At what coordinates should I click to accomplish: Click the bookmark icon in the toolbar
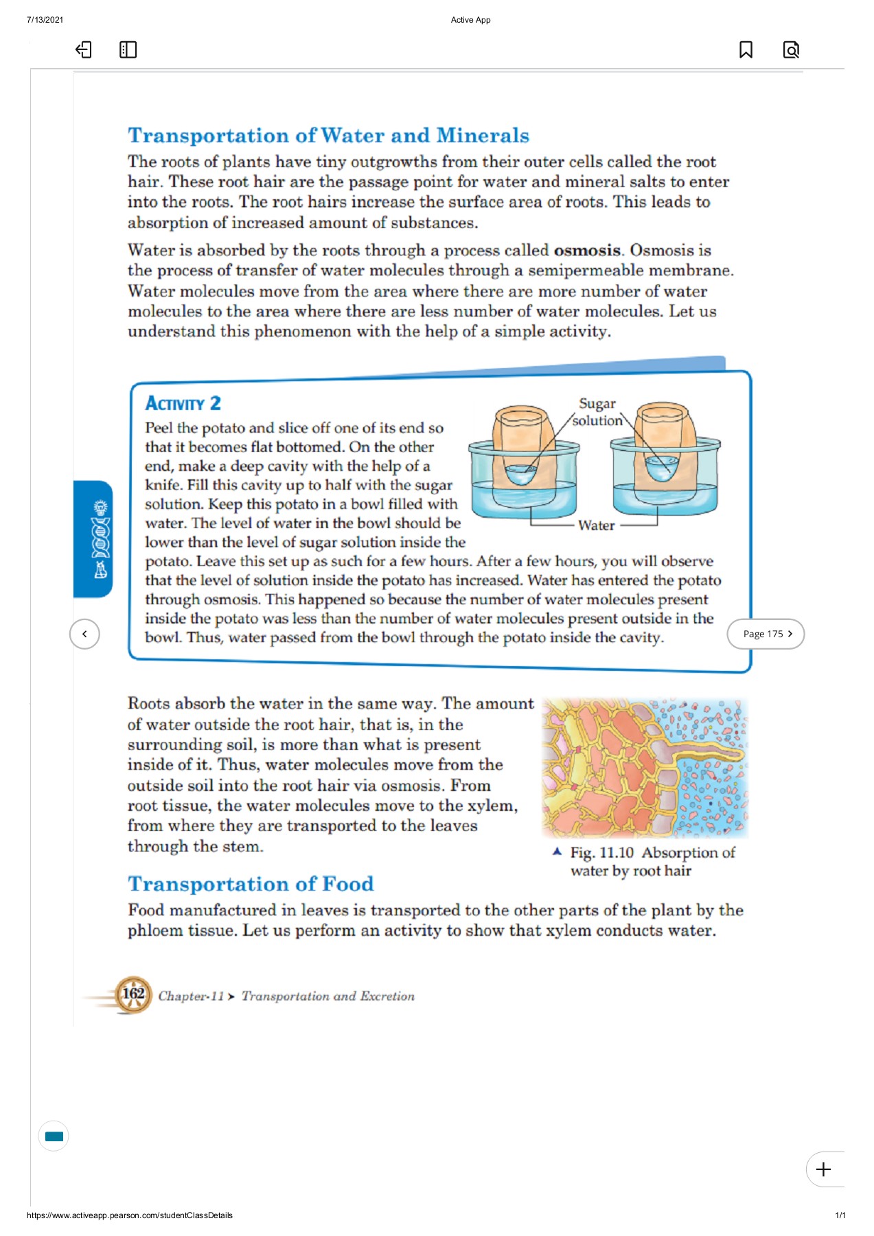point(746,49)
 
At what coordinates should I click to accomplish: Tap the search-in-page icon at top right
point(791,49)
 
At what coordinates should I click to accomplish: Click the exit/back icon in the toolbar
point(83,49)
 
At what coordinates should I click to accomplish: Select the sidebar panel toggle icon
point(128,49)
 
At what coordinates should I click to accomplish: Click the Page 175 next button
point(766,634)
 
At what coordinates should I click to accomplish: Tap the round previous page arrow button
point(84,634)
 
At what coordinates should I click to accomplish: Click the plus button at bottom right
point(823,1169)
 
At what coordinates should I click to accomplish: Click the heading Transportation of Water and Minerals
point(328,135)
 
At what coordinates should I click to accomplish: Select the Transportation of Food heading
point(251,883)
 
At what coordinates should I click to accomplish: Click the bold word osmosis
point(587,250)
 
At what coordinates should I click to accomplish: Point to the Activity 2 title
point(183,403)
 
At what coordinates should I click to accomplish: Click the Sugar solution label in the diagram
point(597,412)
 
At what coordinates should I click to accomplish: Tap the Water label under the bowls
point(596,525)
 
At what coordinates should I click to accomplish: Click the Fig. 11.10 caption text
point(652,861)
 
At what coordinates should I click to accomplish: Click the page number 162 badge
point(133,994)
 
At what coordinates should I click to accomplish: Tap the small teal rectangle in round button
point(54,1136)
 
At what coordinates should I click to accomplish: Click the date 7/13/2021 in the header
point(45,20)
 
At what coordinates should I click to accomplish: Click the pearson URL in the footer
point(130,1215)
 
